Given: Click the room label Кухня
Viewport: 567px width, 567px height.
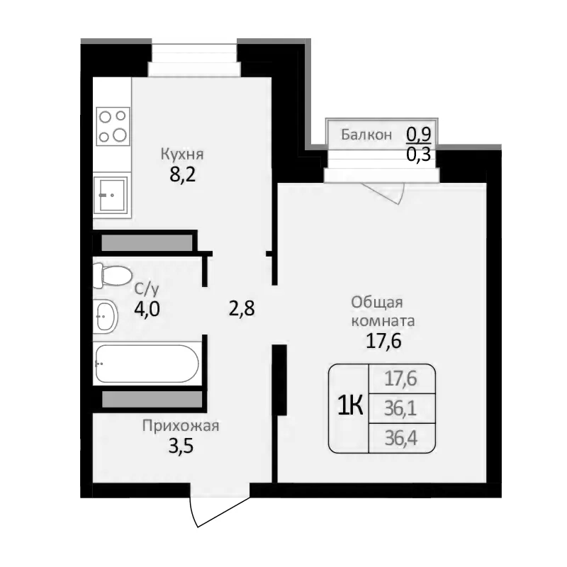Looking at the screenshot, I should tap(182, 154).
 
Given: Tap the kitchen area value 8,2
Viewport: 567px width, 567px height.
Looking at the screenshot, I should tap(182, 174).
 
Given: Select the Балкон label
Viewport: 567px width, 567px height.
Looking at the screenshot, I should tap(366, 135).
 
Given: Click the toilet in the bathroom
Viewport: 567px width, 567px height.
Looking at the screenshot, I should tap(111, 274).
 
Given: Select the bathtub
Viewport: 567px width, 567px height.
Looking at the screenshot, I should tap(147, 364).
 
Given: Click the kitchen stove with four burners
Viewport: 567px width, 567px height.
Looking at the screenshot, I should tap(113, 124).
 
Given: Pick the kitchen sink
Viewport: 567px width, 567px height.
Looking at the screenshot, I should tap(112, 193).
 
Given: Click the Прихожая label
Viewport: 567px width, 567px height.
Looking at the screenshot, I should tap(181, 426).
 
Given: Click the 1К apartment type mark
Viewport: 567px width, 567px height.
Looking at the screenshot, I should tap(349, 406).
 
